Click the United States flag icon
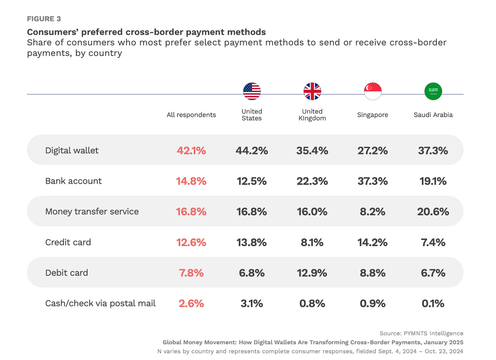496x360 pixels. coord(252,92)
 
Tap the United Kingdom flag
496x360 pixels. coord(312,92)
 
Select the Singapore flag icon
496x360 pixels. coord(373,92)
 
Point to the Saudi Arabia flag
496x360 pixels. coord(433,92)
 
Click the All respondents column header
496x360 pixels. coord(191,115)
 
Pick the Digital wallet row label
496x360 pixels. coord(72,150)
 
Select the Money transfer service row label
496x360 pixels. coord(92,212)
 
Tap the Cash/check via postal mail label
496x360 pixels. coord(100,303)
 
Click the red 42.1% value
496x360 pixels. coord(191,150)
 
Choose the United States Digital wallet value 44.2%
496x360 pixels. coord(252,150)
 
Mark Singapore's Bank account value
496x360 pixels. coord(373,181)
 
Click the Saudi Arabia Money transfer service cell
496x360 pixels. coord(433,212)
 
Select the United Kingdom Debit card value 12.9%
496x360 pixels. coord(312,273)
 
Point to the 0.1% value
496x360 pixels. coord(433,303)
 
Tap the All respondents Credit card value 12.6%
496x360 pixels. coord(191,242)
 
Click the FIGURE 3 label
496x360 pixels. coord(44,19)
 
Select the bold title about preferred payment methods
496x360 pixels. coord(146,32)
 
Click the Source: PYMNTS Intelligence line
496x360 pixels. coord(421,333)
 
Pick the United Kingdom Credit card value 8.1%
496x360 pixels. coord(312,242)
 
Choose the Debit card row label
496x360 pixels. coord(66,273)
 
